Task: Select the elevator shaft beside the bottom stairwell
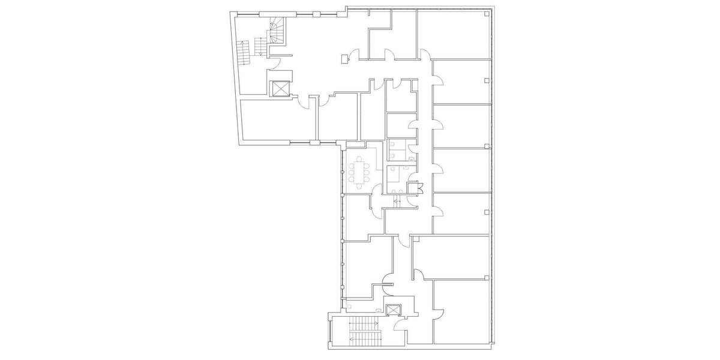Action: pos(394,310)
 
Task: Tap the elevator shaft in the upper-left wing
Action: pos(280,89)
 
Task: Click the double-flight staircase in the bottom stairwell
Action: pos(361,331)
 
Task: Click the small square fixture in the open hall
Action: pos(343,58)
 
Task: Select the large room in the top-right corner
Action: pos(454,34)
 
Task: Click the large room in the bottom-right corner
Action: pos(462,312)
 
